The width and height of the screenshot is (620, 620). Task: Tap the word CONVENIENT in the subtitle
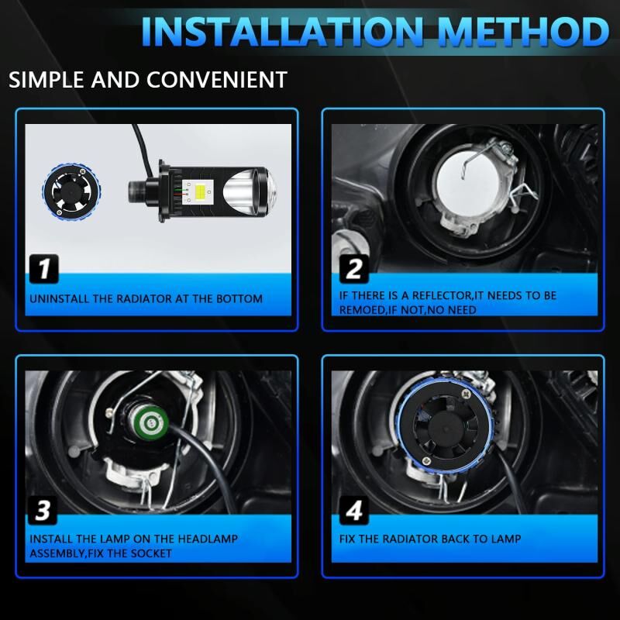217,80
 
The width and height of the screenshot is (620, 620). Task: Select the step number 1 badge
44,269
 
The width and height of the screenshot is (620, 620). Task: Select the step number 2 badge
354,269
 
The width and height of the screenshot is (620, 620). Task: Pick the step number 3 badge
43,511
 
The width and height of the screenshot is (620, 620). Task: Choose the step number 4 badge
354,511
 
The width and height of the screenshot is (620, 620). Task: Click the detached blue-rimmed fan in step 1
71,191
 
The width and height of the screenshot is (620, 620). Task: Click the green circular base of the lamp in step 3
151,424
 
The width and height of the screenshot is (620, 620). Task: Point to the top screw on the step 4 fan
467,394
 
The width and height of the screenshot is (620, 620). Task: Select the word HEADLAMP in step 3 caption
208,539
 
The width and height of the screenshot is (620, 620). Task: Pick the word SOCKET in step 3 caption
151,553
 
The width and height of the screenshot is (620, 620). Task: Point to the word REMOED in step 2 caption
362,310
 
